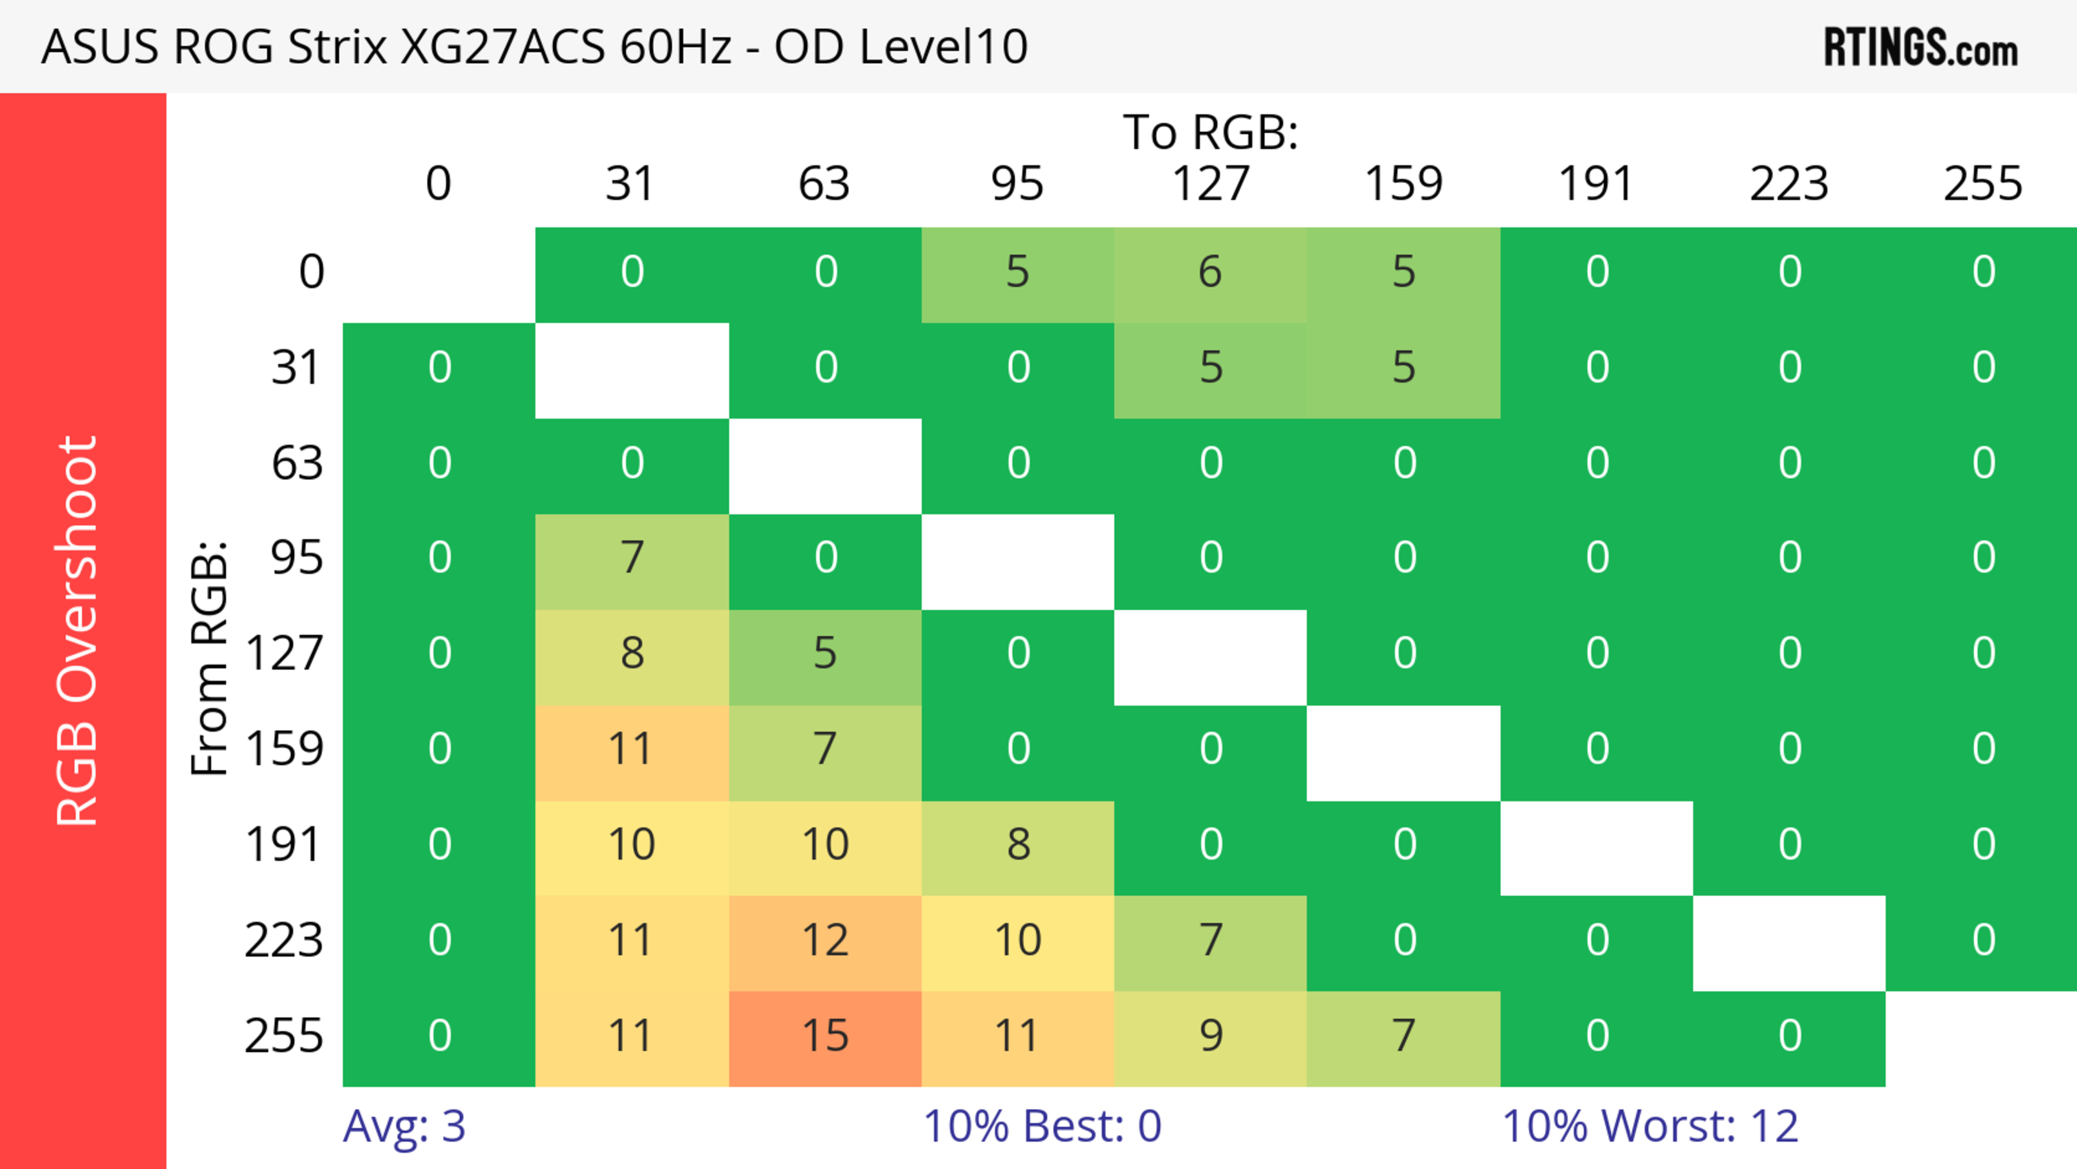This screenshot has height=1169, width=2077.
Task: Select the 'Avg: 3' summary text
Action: [x=404, y=1126]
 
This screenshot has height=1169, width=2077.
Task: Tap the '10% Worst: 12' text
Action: [x=1650, y=1126]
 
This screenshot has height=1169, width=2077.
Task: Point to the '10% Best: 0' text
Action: [x=1042, y=1126]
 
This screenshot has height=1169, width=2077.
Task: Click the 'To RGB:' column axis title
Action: [x=1211, y=132]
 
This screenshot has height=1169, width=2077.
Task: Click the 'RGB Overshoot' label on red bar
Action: [x=77, y=630]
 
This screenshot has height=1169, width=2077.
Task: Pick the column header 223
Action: [x=1789, y=184]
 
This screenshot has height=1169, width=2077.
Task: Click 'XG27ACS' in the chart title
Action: [x=502, y=47]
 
